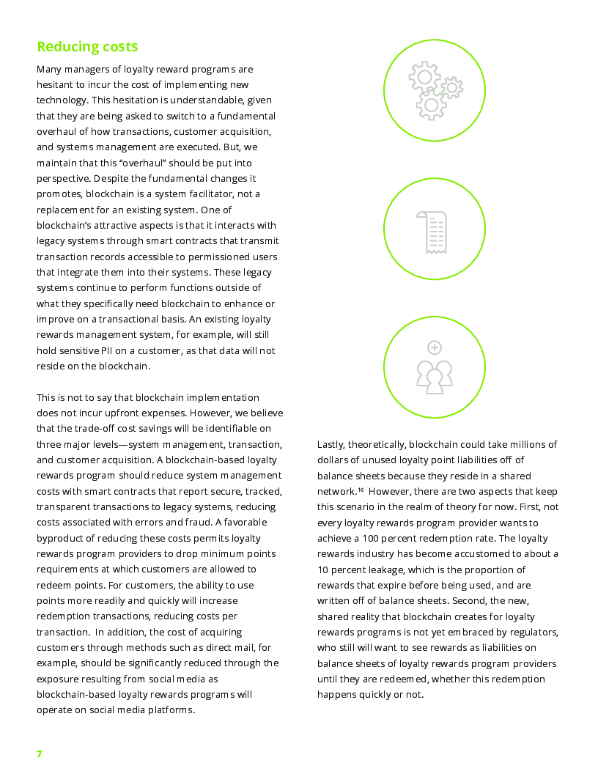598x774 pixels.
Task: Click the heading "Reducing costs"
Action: pos(87,47)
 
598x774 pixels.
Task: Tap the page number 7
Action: pos(40,753)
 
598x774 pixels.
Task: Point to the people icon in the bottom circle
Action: pos(435,376)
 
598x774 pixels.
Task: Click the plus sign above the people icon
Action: pos(435,347)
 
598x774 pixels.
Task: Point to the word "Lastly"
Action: pos(331,445)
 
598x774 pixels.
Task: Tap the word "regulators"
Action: pos(534,633)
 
